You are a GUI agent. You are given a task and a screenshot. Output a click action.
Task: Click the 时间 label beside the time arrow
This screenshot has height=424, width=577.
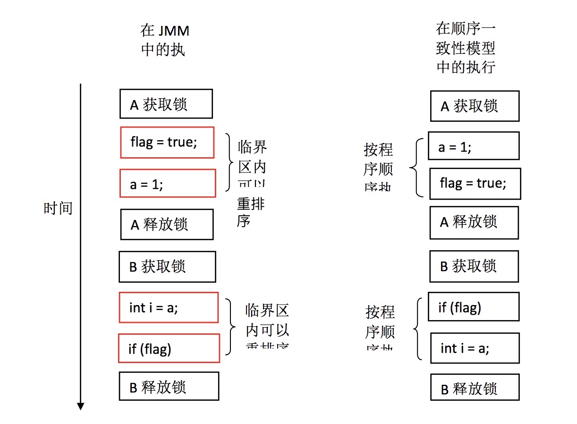coord(58,208)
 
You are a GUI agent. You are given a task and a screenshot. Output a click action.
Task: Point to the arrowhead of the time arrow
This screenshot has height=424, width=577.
coord(81,406)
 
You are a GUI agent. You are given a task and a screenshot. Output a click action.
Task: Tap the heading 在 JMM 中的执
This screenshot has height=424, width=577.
coord(165,41)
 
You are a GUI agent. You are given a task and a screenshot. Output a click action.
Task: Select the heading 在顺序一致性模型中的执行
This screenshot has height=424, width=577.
coord(466,48)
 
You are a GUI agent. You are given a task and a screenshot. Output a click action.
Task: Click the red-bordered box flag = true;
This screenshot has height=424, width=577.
coord(167,142)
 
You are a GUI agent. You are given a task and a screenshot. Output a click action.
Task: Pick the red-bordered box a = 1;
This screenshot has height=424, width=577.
coord(168,183)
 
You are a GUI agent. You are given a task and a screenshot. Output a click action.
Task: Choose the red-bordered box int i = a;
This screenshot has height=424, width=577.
coord(169,307)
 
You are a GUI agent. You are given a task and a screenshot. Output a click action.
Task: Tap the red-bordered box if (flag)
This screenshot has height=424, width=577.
coord(169,348)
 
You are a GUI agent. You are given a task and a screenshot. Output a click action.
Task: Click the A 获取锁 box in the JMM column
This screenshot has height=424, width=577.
coord(166,104)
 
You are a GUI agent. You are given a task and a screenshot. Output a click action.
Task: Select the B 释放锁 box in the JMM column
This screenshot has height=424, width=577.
coord(169,386)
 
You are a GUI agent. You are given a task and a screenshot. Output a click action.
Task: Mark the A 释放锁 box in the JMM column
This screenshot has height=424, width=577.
coord(167,224)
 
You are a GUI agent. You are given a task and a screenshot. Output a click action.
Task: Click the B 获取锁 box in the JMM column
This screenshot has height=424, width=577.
coord(167,267)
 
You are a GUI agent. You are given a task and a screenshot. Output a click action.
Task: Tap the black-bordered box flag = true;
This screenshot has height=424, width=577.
coord(475,183)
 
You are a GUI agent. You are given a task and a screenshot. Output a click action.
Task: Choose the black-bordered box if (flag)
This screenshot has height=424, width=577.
coord(473,307)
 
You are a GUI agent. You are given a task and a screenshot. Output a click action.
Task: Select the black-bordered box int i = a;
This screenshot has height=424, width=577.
coord(475,348)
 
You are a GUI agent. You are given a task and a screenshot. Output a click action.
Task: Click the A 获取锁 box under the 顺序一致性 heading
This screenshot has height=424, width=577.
coord(475,106)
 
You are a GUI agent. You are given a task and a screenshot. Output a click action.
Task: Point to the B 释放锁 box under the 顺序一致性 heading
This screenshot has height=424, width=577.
coord(475,388)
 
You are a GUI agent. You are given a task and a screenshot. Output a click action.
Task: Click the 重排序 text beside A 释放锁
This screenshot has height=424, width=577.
coord(250,212)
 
